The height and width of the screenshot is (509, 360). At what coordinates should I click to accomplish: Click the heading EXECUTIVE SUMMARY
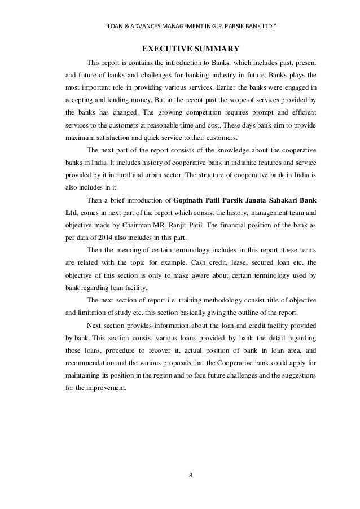pyautogui.click(x=190, y=47)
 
